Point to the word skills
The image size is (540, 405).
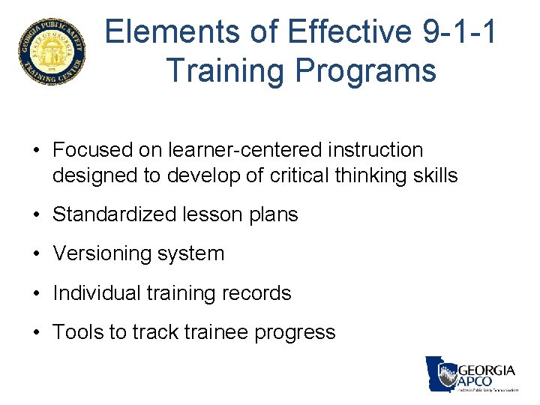pyautogui.click(x=430, y=175)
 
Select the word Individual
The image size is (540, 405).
pyautogui.click(x=96, y=292)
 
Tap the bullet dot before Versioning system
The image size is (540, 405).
pyautogui.click(x=37, y=254)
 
